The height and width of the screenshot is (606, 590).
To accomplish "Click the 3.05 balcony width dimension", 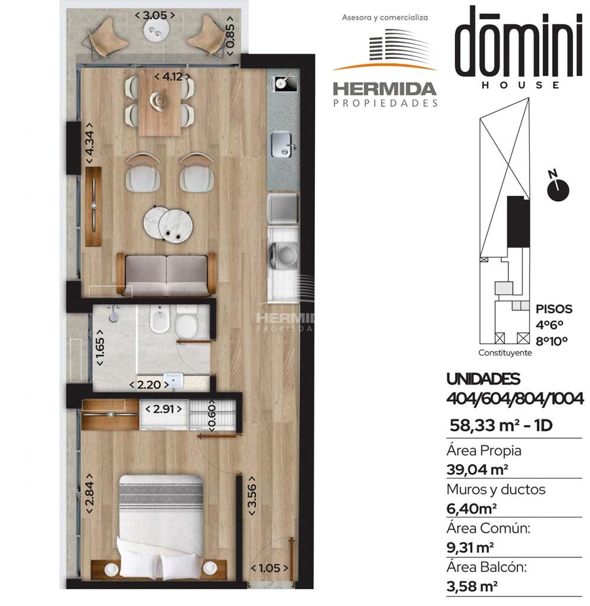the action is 154,15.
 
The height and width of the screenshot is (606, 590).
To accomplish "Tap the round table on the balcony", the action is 156,31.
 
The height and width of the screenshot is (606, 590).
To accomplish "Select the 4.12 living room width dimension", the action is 172,76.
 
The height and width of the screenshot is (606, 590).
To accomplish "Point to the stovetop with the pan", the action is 286,83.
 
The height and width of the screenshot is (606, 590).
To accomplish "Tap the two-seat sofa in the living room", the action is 166,275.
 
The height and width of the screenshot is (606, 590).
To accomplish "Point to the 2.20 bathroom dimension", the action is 149,385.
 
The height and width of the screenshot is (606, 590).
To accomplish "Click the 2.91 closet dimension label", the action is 163,409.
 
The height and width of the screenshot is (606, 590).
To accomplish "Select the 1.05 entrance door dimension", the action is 269,568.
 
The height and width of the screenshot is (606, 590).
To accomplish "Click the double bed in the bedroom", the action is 160,526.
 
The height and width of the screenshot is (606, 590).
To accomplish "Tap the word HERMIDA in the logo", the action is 385,90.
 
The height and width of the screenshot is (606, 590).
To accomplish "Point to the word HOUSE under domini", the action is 520,85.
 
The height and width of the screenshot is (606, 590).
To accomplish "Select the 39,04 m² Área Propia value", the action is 477,469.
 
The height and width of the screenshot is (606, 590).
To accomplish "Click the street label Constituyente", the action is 505,353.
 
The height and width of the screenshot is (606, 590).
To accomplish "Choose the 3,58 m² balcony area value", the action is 472,586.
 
